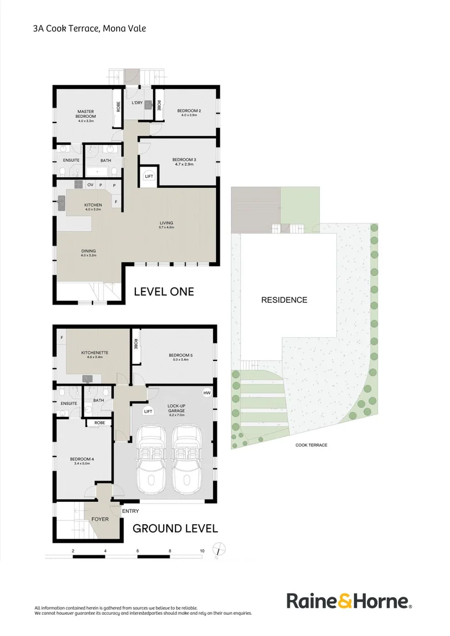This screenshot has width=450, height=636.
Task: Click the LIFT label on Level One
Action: (149, 176)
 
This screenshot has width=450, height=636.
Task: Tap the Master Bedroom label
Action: (86, 114)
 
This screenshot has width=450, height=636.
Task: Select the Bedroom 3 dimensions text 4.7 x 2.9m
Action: (184, 164)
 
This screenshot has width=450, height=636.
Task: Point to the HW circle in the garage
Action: (206, 393)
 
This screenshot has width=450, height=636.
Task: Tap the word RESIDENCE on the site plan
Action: (284, 300)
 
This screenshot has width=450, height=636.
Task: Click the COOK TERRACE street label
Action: (312, 445)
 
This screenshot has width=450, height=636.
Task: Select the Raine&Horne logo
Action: (349, 601)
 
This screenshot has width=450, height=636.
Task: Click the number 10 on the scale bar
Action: (202, 551)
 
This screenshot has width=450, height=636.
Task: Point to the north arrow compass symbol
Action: (219, 549)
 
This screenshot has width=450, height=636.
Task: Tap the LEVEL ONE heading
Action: (164, 291)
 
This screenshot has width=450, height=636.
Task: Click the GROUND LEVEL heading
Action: (175, 528)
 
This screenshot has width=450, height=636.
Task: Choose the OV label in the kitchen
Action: (91, 185)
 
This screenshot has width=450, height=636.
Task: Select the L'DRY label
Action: (137, 103)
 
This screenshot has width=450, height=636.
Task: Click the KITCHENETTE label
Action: (94, 352)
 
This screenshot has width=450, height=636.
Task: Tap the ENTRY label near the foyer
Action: (130, 511)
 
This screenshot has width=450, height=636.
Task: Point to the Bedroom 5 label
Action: (180, 355)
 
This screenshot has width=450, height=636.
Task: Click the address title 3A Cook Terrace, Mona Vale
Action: (90, 28)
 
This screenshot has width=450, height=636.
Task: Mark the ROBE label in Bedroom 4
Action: (100, 422)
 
